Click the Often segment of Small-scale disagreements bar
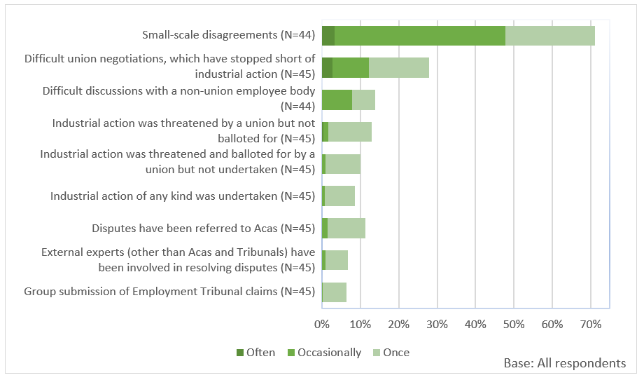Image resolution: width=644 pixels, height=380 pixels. point(328,35)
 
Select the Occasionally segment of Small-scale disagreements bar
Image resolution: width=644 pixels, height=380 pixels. point(420,35)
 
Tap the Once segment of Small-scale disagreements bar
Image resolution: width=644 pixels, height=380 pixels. point(550,35)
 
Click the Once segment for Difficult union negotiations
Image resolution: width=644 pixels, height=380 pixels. point(399,67)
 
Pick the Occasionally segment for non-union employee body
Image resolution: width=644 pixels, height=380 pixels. point(337,100)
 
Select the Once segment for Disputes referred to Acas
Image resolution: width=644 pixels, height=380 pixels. point(346,228)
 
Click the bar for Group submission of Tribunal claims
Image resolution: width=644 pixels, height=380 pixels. point(334,292)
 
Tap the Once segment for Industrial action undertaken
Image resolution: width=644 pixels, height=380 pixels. point(340,196)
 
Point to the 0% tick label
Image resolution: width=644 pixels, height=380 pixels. point(322,325)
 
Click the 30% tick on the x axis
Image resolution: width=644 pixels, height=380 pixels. point(437,325)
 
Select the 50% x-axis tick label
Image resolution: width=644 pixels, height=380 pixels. point(514,325)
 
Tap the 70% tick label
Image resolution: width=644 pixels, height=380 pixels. point(590,325)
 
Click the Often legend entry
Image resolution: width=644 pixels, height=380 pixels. point(255,353)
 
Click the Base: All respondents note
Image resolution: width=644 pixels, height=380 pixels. point(564,363)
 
